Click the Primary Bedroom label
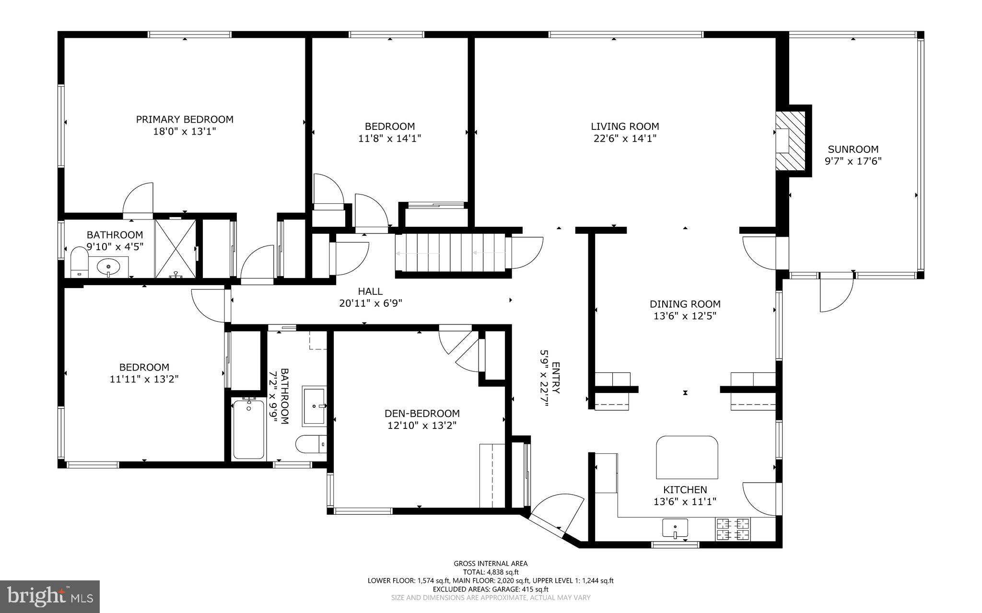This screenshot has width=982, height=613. tap(185, 119)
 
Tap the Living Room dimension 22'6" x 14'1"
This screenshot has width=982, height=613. tap(625, 139)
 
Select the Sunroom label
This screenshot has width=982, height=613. tap(853, 149)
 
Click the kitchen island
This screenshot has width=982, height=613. tap(687, 457)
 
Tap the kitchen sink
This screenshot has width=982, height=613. tap(675, 528)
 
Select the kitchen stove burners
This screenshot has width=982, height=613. tap(733, 529)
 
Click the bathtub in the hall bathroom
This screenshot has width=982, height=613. tap(248, 429)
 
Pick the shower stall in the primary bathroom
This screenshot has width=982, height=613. tap(175, 248)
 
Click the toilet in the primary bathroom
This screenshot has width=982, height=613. tap(79, 262)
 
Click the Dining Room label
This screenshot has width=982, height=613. tap(685, 304)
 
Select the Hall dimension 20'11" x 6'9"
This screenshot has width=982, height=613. tap(370, 303)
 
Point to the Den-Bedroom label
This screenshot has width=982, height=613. tap(422, 413)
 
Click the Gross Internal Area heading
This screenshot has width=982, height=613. tap(491, 564)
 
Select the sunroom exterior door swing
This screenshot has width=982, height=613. tap(837, 293)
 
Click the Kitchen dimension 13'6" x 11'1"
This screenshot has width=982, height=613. tap(685, 502)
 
